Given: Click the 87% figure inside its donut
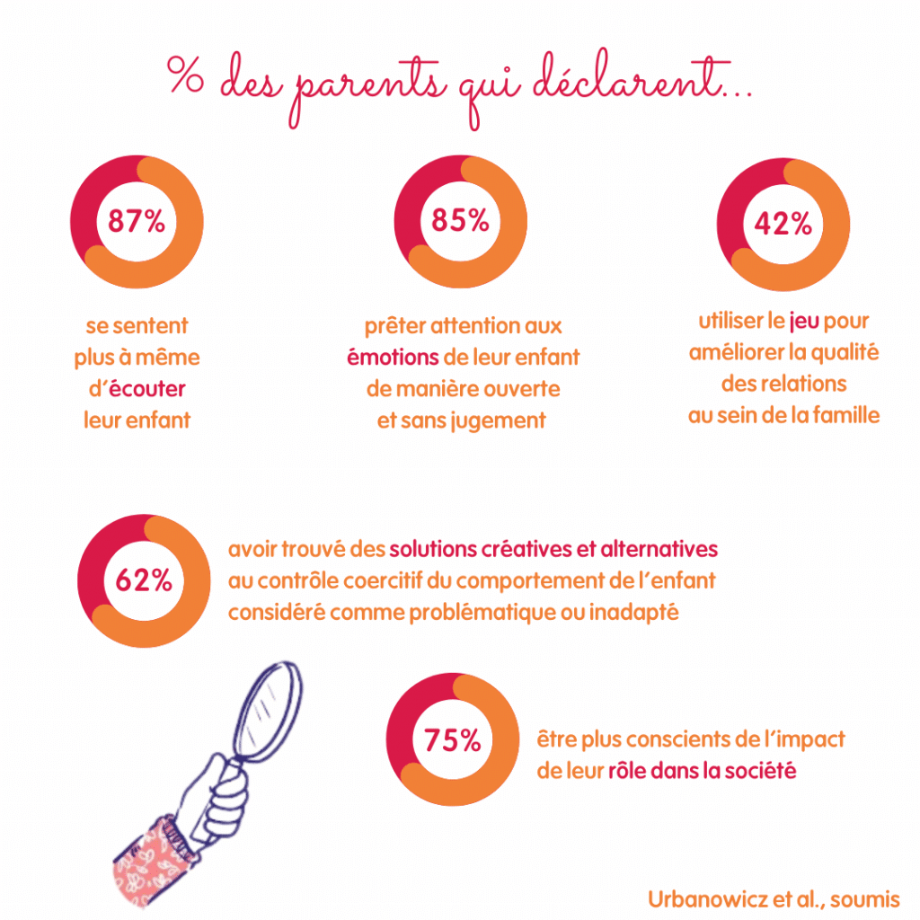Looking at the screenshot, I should (137, 221).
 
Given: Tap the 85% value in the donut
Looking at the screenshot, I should (460, 221).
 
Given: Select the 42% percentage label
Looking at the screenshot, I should (783, 224).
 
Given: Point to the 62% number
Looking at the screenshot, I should (144, 580).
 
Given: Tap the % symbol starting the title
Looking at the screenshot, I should (185, 79).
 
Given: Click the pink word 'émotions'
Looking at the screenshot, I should (394, 357).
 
